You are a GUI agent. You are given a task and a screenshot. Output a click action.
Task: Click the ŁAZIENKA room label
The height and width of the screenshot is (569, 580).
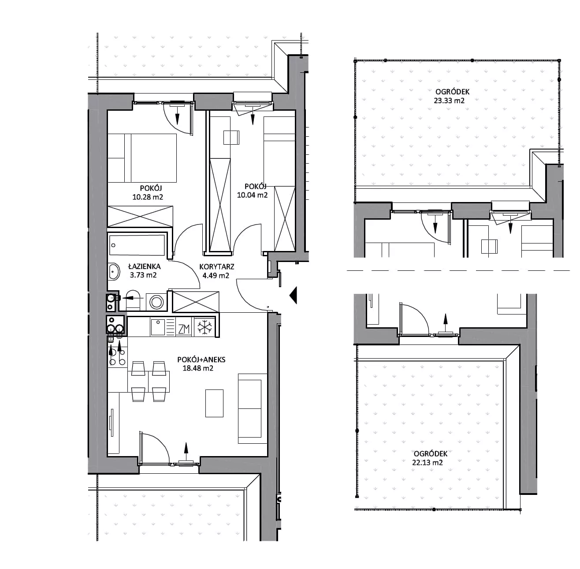145,266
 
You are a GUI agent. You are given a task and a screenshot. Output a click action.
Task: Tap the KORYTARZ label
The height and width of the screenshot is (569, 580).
217,267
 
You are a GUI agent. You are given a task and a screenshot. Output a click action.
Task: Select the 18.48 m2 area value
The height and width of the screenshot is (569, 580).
198,368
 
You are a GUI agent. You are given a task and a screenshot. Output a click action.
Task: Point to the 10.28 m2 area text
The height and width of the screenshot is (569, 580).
148,197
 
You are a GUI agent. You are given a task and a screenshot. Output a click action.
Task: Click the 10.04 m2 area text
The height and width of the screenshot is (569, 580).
252,195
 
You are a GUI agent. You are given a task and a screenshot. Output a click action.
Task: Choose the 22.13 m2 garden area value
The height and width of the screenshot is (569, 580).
428,463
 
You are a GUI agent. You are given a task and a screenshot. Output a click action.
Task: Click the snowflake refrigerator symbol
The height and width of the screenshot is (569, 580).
204,327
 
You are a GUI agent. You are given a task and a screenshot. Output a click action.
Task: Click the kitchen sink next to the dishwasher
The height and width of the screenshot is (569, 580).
158,327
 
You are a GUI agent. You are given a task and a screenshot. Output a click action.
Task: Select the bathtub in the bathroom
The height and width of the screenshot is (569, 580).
137,245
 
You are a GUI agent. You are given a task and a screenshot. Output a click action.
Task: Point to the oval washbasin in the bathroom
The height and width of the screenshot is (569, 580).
114,272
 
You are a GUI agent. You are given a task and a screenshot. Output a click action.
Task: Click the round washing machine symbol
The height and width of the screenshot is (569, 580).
156,302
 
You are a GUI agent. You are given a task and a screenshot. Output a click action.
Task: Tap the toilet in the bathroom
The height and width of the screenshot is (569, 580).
133,300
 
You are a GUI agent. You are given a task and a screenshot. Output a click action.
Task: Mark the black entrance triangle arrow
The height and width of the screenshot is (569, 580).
293,295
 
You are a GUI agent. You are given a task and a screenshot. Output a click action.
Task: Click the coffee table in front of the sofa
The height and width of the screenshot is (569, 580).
214,403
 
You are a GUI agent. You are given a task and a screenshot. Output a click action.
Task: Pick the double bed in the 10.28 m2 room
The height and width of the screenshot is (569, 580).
142,158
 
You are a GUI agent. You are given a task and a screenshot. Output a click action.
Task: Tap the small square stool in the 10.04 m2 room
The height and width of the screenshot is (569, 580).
231,138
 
